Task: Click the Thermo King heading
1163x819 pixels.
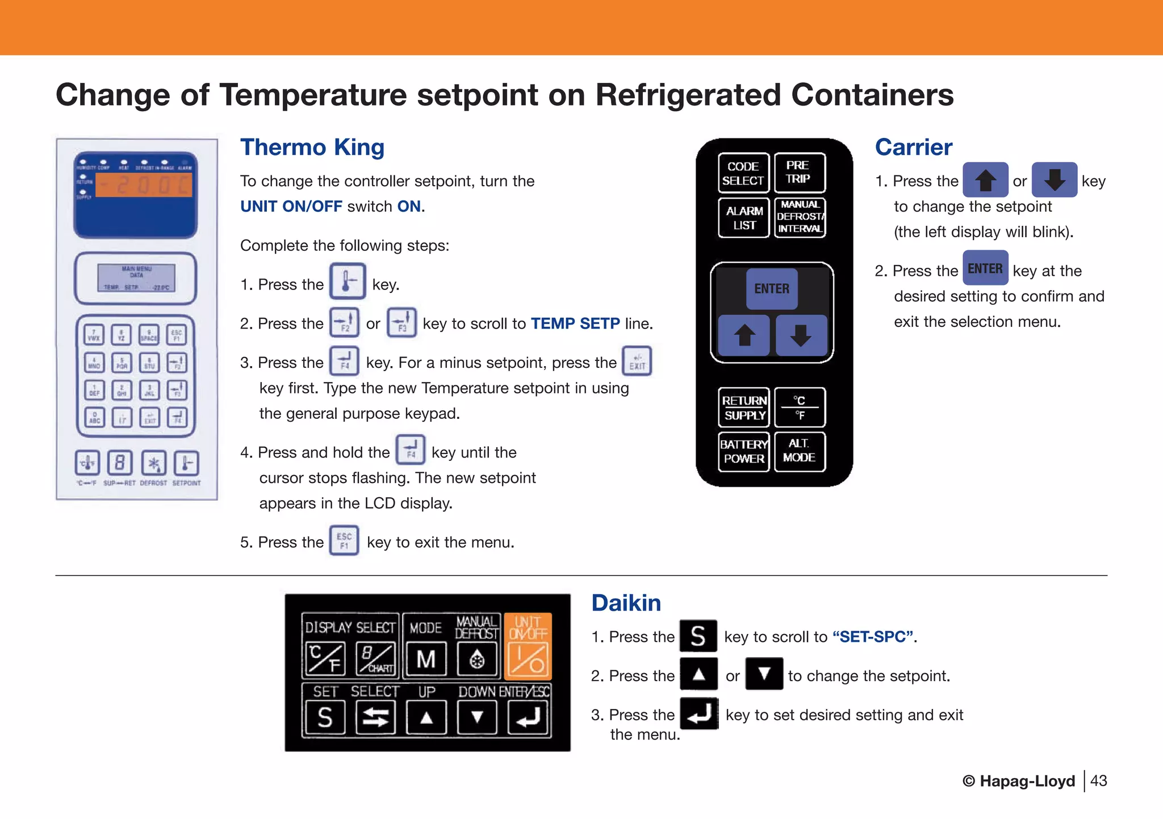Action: coord(312,147)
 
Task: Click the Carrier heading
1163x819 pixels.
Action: coord(913,147)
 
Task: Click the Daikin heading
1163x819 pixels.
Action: coord(626,603)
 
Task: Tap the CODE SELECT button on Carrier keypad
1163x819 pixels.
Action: coord(743,173)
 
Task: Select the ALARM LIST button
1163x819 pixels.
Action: coord(744,217)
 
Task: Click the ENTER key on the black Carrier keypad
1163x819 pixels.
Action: coord(771,288)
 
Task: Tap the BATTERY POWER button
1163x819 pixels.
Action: coord(743,452)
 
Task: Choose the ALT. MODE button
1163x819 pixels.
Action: coord(799,452)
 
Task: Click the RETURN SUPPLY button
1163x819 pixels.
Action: coord(744,408)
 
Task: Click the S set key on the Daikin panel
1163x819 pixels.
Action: coord(324,717)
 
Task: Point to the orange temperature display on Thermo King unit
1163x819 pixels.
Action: coord(144,185)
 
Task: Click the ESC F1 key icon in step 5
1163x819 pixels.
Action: coord(344,541)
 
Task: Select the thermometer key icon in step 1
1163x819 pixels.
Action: coord(347,281)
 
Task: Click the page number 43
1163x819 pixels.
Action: coord(1098,781)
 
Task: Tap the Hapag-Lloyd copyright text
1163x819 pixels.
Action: coord(1018,781)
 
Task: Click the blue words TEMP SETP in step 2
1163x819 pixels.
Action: coord(575,324)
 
